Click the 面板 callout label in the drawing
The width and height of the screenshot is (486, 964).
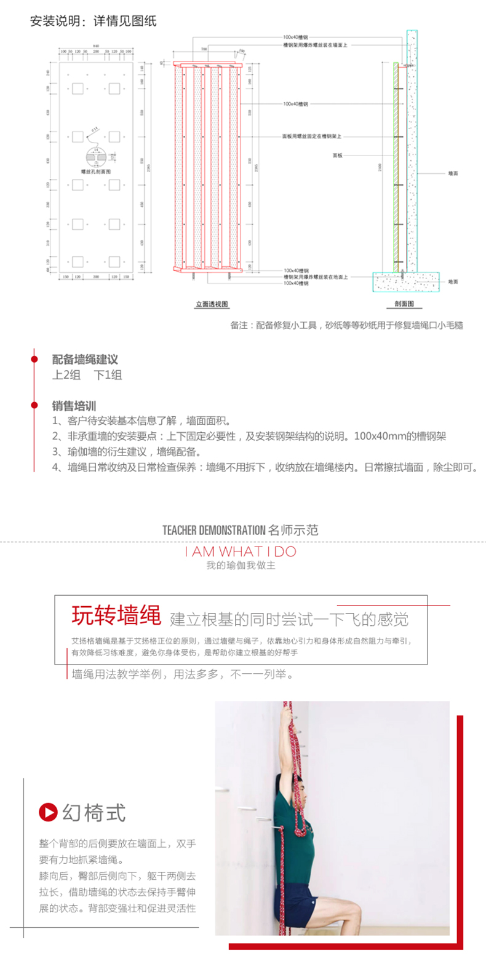tap(337, 155)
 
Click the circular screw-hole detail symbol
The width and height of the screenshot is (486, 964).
tap(95, 159)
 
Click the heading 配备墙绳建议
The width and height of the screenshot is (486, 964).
tap(84, 359)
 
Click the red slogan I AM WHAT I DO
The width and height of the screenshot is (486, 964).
tap(241, 551)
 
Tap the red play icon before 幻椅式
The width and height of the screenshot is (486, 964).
tap(47, 812)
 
